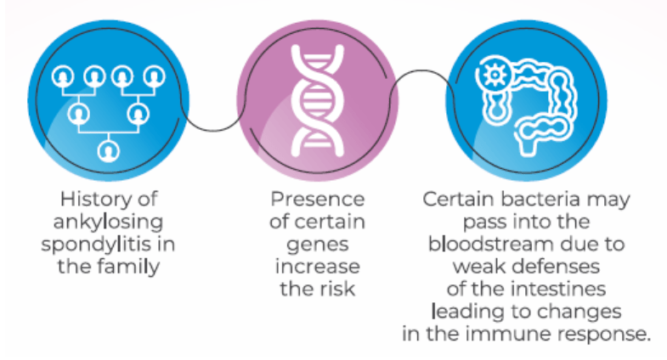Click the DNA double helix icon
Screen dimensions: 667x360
click(317, 100)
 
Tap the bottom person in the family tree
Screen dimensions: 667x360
click(109, 151)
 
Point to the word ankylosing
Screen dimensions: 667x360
click(108, 222)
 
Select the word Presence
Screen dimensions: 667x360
click(317, 200)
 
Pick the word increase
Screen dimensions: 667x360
click(317, 267)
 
